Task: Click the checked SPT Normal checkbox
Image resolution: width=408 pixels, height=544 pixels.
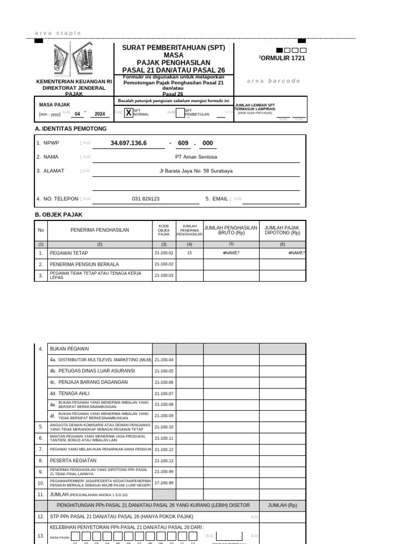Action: [x=129, y=112]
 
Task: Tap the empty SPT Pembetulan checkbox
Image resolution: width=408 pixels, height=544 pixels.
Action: [x=180, y=112]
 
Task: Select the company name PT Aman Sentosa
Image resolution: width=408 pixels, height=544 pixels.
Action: [x=196, y=157]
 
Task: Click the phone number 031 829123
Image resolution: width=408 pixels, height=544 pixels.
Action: [x=146, y=199]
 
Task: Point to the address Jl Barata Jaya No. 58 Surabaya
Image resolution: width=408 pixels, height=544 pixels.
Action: [x=196, y=171]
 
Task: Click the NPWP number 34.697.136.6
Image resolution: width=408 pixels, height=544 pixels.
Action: [x=129, y=143]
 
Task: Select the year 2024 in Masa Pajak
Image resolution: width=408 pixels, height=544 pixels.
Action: [x=100, y=114]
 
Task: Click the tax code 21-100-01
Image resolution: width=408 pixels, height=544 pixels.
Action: [x=164, y=253]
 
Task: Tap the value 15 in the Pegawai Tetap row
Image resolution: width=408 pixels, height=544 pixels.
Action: [x=189, y=253]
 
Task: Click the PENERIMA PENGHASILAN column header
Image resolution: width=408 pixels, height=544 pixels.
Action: [x=100, y=230]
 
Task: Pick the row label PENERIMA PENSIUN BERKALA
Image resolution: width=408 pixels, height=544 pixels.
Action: [x=84, y=264]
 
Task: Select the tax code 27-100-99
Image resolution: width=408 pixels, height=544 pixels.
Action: [x=164, y=482]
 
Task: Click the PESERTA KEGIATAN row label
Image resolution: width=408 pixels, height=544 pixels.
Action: [x=73, y=461]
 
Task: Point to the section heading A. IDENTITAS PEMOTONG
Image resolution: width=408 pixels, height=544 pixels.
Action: [x=71, y=129]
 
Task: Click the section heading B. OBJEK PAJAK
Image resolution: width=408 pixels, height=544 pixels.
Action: [x=58, y=215]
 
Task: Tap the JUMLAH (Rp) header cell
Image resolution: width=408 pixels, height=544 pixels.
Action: [x=282, y=505]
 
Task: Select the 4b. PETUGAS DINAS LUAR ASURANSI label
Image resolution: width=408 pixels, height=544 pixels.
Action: [x=92, y=371]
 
